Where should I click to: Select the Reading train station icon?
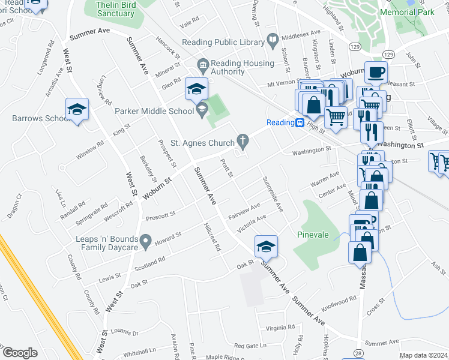[299, 122]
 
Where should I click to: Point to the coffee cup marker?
[376, 73]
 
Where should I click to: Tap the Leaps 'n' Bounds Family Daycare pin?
[145, 242]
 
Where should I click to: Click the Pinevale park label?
[313, 235]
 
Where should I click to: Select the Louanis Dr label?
[125, 332]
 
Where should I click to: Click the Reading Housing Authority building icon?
[202, 64]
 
